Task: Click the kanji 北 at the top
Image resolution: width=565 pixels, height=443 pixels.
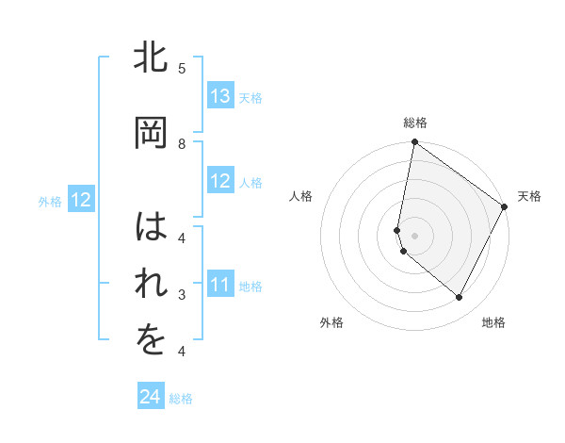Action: [152, 58]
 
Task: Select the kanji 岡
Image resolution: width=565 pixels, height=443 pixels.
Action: [152, 133]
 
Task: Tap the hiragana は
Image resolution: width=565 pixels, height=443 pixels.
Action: [152, 227]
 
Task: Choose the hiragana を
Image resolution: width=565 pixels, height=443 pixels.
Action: [152, 342]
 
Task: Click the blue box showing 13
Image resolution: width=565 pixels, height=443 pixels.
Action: [220, 96]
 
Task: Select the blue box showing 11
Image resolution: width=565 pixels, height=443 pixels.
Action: [220, 285]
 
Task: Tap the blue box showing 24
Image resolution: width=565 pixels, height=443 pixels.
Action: [151, 398]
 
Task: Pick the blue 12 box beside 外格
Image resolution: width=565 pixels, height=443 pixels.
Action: [80, 200]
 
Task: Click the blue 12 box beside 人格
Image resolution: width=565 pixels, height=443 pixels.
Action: [220, 181]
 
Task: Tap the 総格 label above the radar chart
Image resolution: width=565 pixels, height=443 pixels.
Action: [415, 123]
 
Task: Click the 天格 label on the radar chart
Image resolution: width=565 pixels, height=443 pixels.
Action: [529, 196]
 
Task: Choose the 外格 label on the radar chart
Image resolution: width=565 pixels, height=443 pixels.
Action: [331, 322]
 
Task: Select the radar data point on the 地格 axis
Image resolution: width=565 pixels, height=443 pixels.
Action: [460, 298]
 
